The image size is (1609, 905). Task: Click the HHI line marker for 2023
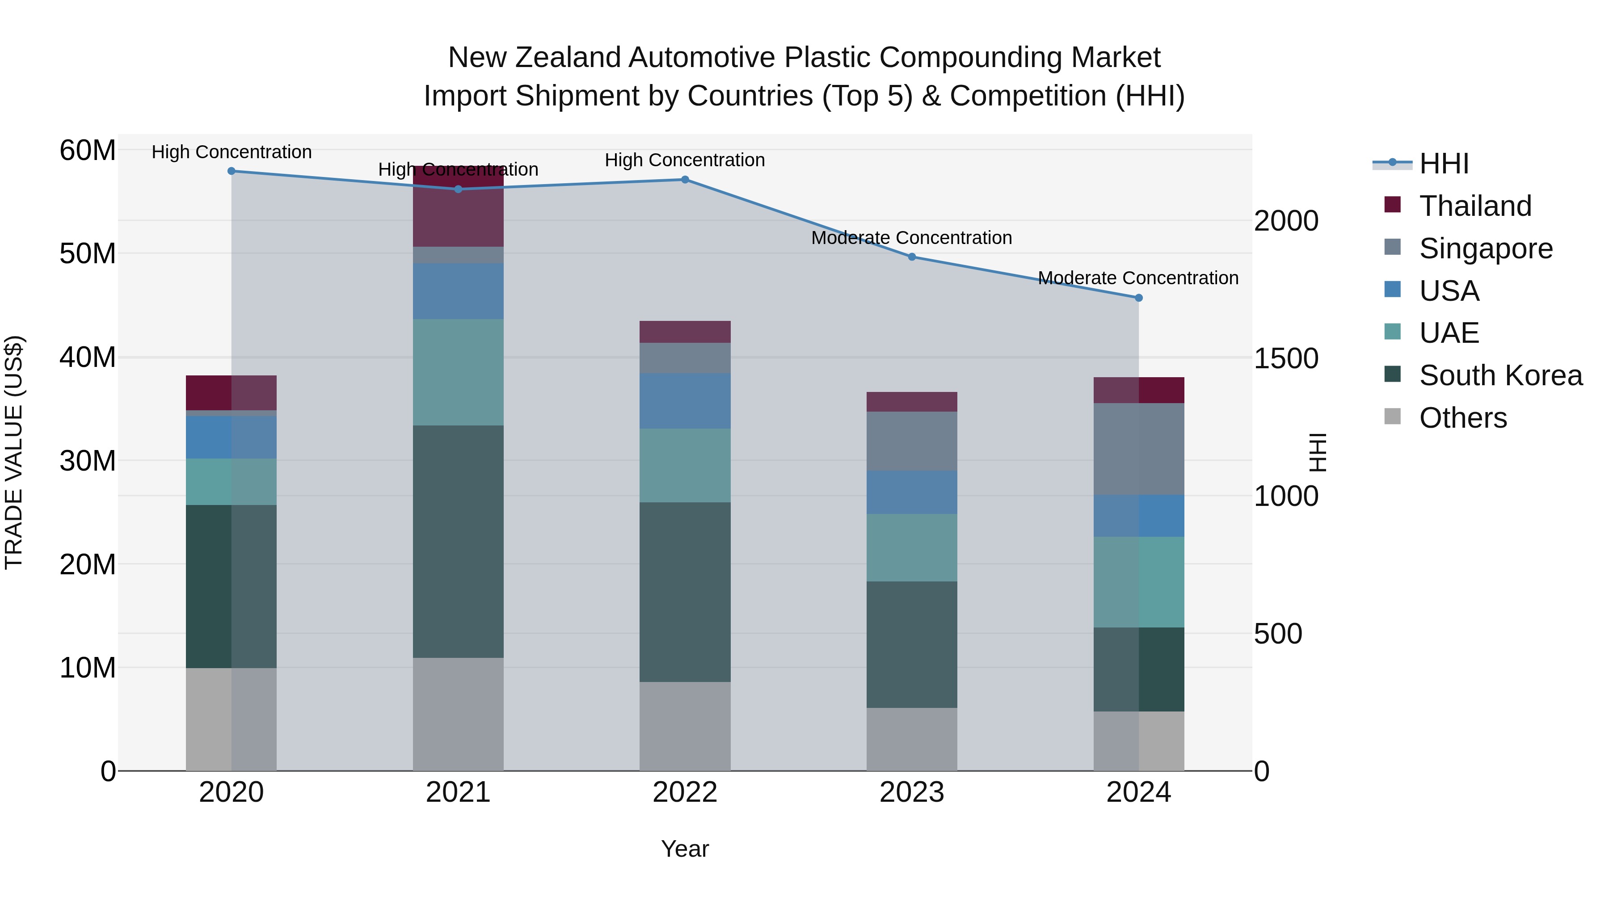(911, 257)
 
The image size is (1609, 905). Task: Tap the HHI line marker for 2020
(231, 171)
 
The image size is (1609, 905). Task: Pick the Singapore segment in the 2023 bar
(911, 441)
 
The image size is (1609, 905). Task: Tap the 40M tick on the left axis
(88, 357)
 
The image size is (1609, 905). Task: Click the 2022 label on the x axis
(685, 792)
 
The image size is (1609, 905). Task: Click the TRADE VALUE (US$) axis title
(14, 452)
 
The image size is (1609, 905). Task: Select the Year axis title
(685, 849)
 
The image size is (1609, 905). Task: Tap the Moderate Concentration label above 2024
(1138, 278)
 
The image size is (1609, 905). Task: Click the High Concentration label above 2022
(685, 160)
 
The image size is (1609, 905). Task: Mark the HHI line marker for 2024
(1138, 298)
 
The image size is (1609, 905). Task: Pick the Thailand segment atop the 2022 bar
(685, 332)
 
